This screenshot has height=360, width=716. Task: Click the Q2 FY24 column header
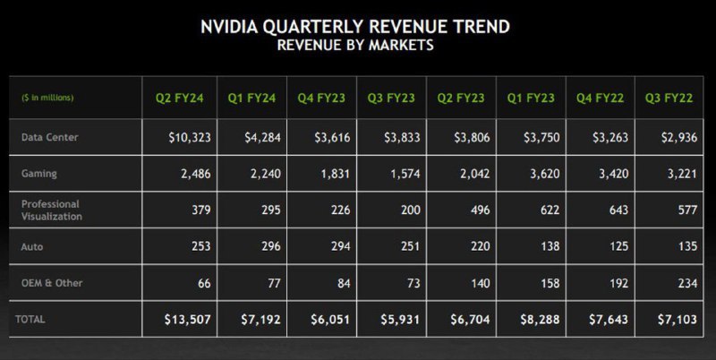click(178, 97)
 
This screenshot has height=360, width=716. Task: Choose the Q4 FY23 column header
click(320, 97)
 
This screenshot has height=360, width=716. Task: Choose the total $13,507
click(187, 319)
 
